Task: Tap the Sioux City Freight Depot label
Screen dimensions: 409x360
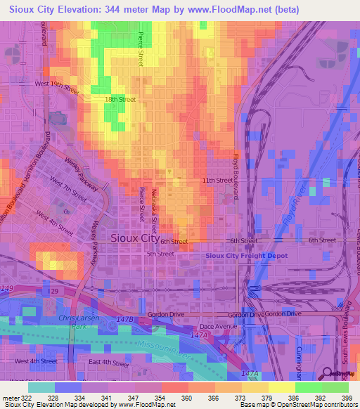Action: pyautogui.click(x=246, y=256)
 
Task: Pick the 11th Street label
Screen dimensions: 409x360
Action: pyautogui.click(x=217, y=181)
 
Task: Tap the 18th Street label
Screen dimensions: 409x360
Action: pyautogui.click(x=120, y=100)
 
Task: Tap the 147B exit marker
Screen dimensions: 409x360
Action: pyautogui.click(x=124, y=319)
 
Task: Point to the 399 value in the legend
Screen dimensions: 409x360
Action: pyautogui.click(x=346, y=398)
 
